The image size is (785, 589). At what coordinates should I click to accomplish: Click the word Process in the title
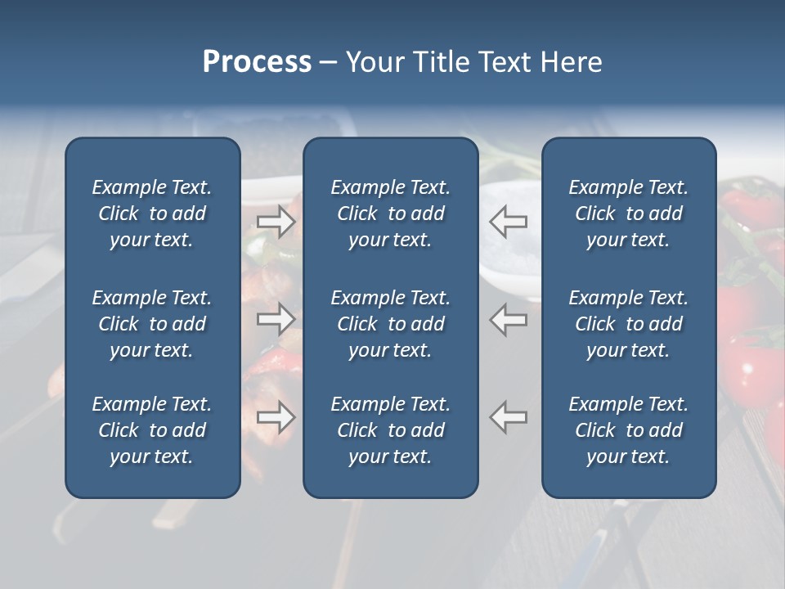click(257, 62)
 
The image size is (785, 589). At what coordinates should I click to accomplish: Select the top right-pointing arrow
click(276, 221)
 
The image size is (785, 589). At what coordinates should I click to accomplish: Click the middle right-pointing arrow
click(276, 319)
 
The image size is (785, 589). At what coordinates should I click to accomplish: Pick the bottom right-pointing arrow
click(276, 417)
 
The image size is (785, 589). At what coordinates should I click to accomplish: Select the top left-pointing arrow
click(509, 221)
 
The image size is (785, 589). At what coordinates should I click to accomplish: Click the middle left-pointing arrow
click(509, 319)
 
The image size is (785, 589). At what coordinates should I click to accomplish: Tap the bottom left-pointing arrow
click(509, 417)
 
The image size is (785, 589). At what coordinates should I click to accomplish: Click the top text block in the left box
click(152, 214)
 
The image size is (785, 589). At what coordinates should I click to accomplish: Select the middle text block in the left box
click(152, 324)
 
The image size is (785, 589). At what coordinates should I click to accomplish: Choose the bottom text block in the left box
click(152, 430)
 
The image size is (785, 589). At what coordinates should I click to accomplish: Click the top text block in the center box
click(390, 214)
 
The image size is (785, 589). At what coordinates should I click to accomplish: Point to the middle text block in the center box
click(390, 324)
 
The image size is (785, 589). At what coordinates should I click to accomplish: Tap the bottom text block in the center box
click(390, 430)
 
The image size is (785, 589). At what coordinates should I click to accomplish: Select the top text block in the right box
click(628, 214)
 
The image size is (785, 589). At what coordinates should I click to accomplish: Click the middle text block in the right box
click(628, 324)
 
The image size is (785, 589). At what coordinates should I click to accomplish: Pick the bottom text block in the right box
click(628, 430)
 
